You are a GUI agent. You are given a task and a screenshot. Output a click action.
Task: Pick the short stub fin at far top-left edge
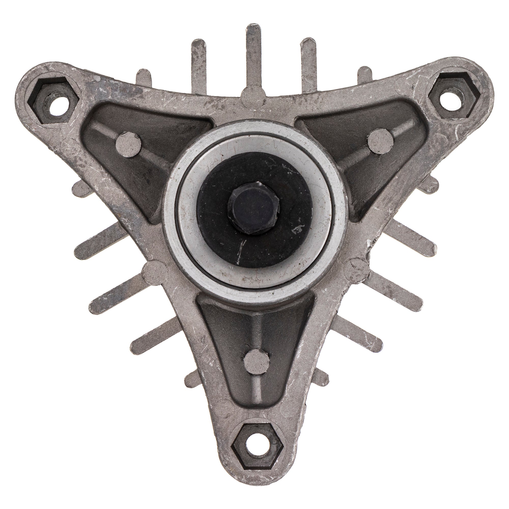143,78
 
